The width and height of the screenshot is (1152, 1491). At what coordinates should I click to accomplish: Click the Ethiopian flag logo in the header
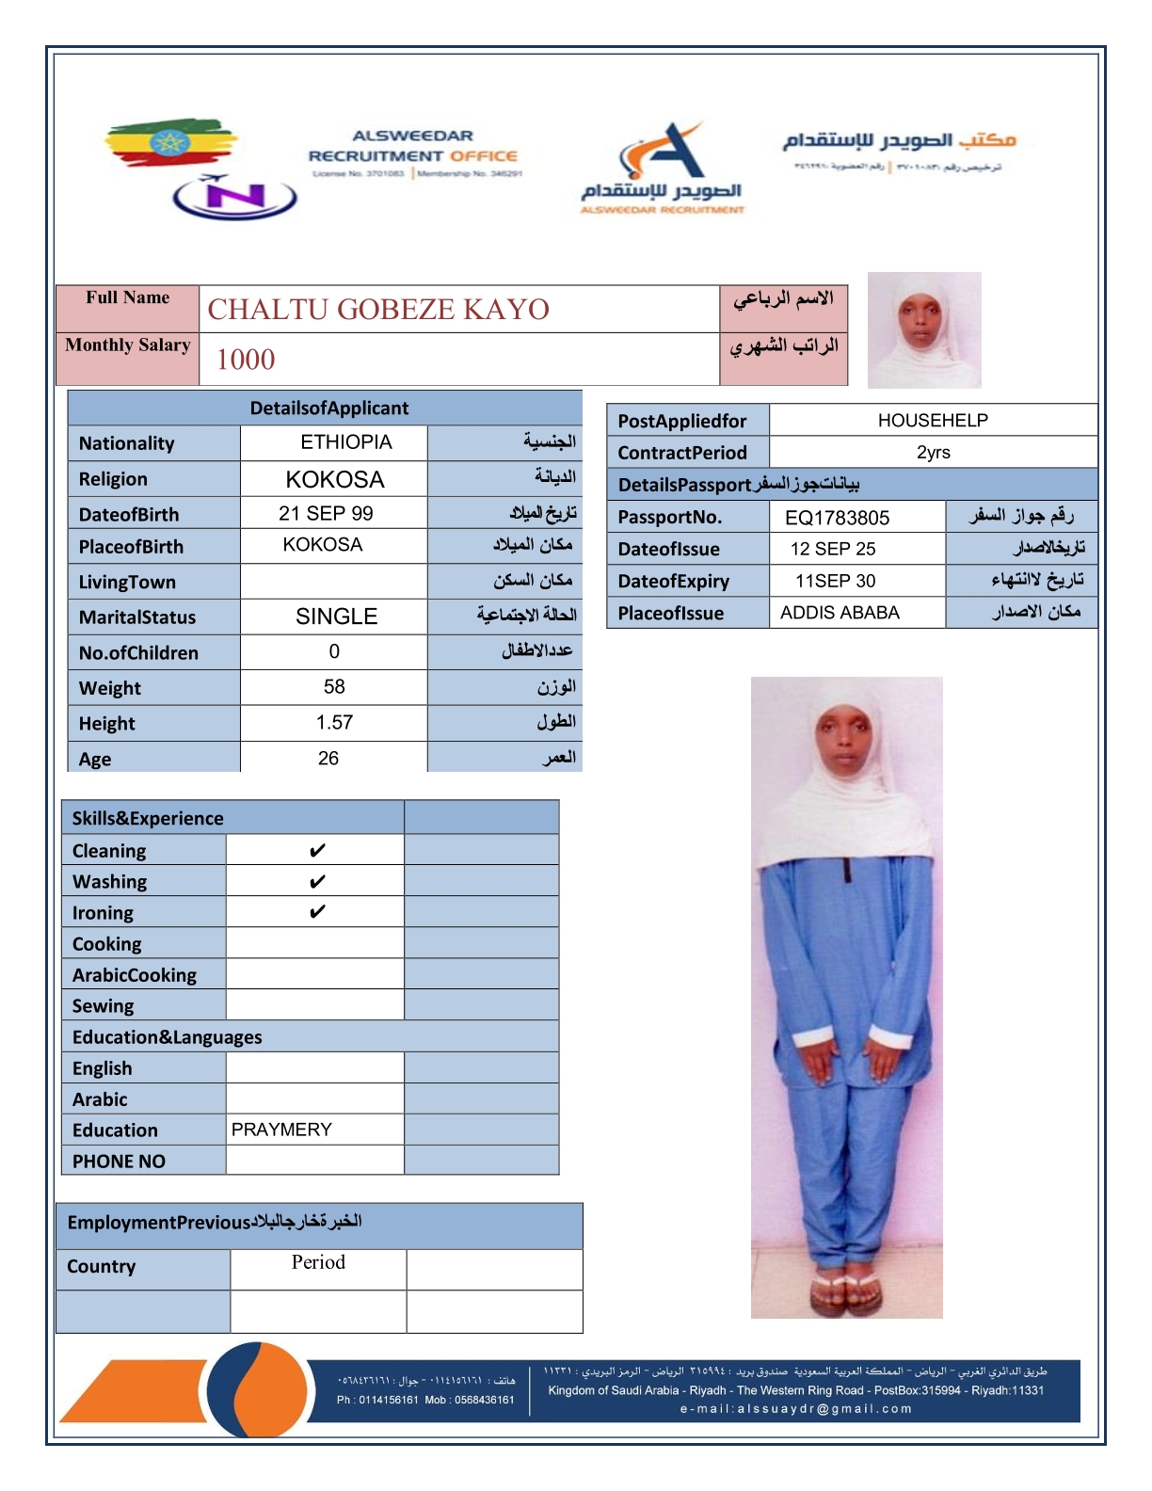(x=169, y=143)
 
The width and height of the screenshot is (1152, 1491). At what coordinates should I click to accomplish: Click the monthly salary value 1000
(x=246, y=360)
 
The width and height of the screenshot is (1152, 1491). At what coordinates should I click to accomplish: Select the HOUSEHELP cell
(x=933, y=421)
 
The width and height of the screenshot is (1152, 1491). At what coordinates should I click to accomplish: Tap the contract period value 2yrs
(x=933, y=453)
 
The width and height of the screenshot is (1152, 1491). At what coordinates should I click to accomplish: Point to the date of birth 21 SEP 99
(x=326, y=514)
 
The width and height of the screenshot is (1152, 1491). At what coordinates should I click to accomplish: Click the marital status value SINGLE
(x=336, y=617)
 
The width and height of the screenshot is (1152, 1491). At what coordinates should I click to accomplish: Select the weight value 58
(x=334, y=687)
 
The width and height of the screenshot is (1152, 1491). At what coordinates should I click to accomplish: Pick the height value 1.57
(x=334, y=723)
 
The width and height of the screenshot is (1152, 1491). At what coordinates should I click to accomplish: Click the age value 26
(x=328, y=759)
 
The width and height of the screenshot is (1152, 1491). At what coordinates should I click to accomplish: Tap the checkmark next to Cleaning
(x=317, y=851)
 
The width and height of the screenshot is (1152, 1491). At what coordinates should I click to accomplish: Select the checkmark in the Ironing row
(x=317, y=912)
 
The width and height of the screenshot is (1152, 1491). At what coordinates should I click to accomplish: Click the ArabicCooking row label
(x=135, y=975)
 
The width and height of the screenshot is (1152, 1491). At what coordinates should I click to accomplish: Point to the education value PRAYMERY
(x=281, y=1130)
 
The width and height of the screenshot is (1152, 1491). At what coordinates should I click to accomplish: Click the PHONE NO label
(x=119, y=1162)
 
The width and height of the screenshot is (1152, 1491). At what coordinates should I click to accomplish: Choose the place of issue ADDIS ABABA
(x=840, y=613)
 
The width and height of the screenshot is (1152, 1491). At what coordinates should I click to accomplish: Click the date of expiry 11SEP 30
(x=835, y=581)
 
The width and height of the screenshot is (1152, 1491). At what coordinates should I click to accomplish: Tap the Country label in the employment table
(x=102, y=1267)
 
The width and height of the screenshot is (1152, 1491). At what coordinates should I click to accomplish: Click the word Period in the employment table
(x=318, y=1262)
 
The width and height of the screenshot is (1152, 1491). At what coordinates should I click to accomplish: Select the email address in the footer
(x=796, y=1409)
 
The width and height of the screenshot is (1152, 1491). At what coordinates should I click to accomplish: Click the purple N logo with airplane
(x=234, y=196)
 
